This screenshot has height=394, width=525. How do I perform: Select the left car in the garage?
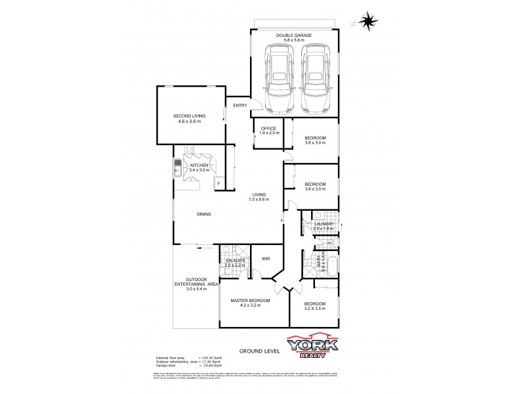278,78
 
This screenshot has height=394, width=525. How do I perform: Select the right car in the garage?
315,78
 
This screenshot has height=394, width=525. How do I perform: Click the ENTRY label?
240,106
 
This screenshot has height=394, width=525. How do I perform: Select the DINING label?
204,214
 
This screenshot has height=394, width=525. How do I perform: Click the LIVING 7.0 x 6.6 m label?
259,197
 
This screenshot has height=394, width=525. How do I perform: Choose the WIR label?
266,259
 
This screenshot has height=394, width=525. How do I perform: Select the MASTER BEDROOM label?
246,302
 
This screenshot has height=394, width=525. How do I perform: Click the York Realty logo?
312,347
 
